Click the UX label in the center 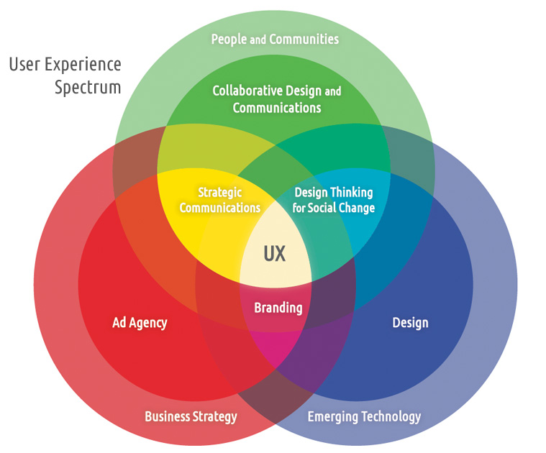click(275, 253)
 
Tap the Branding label click(278, 308)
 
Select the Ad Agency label click(140, 322)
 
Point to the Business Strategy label click(191, 416)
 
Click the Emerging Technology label click(364, 416)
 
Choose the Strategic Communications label click(219, 200)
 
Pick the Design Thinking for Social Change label click(335, 200)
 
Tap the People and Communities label click(275, 39)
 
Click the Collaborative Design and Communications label click(277, 99)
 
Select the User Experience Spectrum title click(65, 75)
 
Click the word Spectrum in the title click(88, 88)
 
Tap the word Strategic click(219, 193)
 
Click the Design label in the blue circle click(410, 322)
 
